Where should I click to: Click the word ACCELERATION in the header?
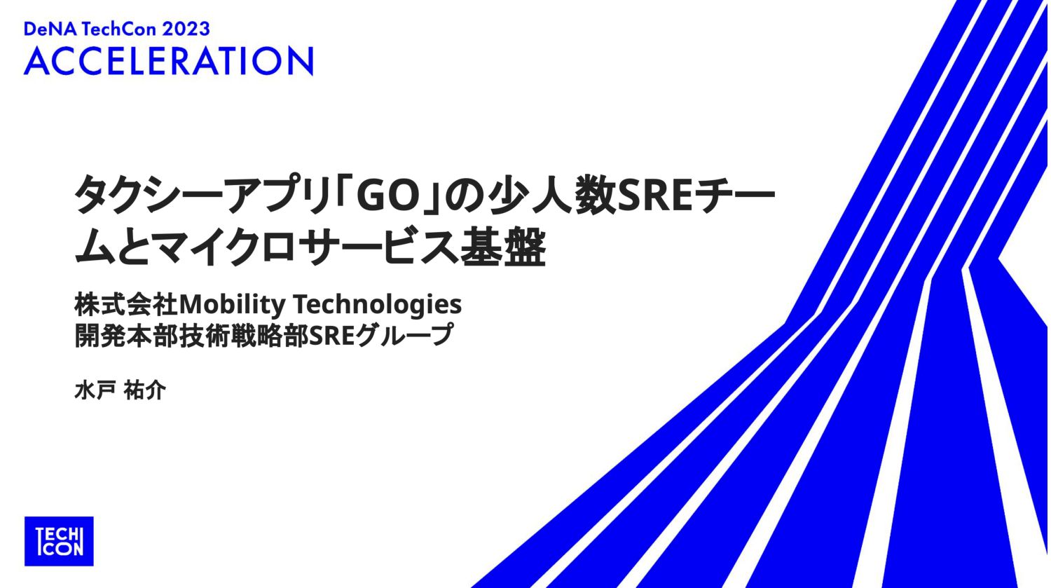(x=168, y=61)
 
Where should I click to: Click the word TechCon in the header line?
(x=119, y=29)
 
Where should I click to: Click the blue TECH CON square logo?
(x=59, y=541)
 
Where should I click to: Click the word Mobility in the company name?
(x=233, y=305)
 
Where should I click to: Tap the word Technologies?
(x=378, y=305)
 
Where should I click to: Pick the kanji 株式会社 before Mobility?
(x=127, y=304)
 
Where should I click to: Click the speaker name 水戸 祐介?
(x=120, y=390)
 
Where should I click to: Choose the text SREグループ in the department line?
(x=381, y=335)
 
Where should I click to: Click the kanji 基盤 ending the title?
(x=503, y=247)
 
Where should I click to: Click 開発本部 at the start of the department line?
(x=127, y=335)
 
